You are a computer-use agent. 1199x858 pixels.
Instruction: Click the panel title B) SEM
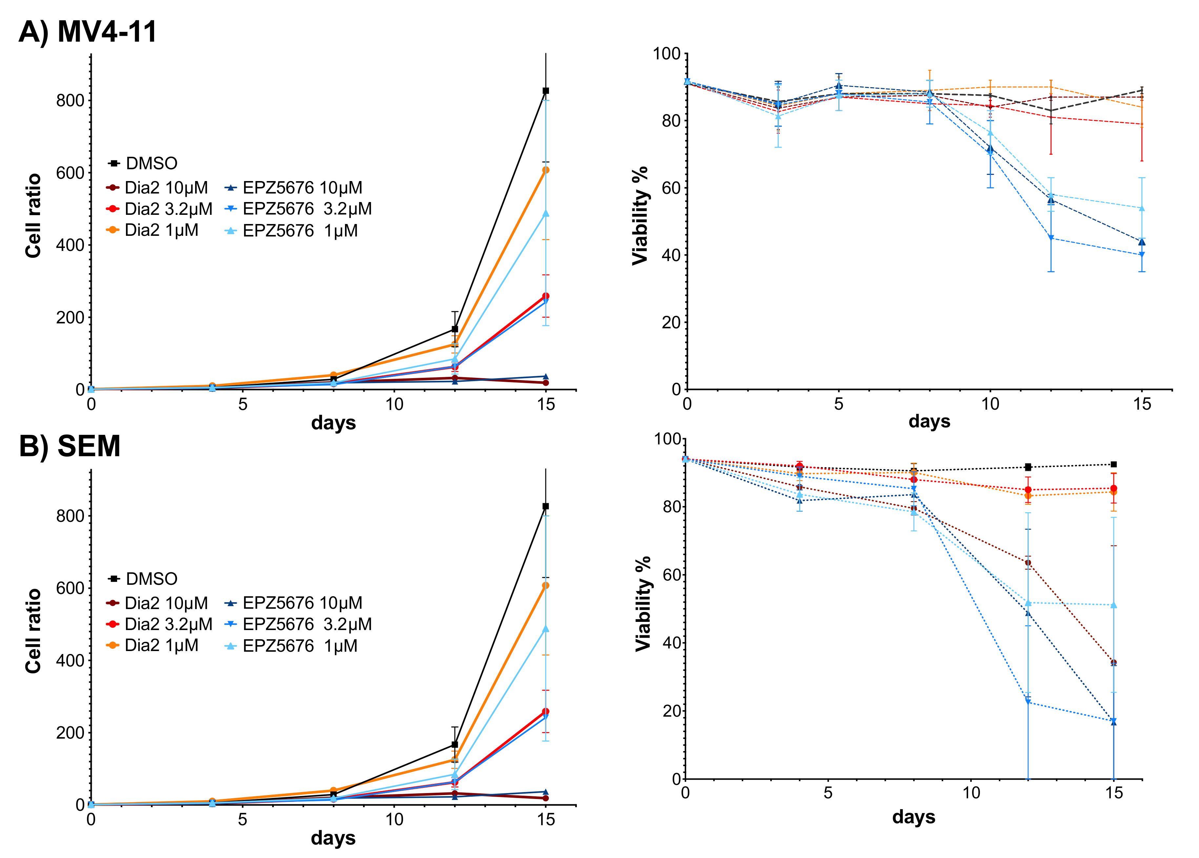pyautogui.click(x=70, y=446)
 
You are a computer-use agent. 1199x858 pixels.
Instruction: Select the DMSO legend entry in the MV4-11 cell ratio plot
pyautogui.click(x=143, y=163)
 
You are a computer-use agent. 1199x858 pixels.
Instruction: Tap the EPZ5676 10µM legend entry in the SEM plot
pyautogui.click(x=294, y=603)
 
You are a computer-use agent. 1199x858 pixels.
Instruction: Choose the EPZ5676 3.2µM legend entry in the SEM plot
pyautogui.click(x=298, y=624)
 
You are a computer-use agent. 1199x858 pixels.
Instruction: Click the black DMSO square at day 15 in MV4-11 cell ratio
pyautogui.click(x=546, y=91)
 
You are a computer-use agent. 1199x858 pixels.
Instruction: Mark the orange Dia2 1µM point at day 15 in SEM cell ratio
pyautogui.click(x=546, y=585)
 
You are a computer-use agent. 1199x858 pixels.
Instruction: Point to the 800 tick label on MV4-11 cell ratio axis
pyautogui.click(x=70, y=100)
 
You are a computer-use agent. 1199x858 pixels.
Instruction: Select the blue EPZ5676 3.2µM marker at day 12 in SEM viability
pyautogui.click(x=1028, y=702)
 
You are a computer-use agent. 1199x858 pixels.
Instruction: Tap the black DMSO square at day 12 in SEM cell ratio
pyautogui.click(x=455, y=745)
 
